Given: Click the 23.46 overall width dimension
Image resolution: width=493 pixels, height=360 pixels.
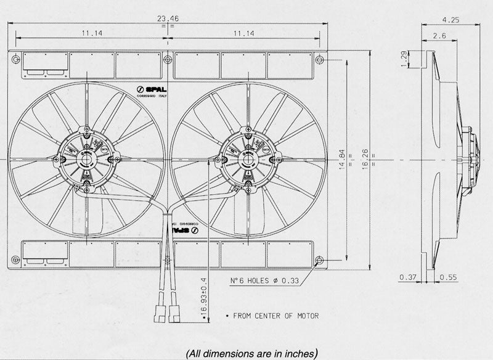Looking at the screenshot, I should [166, 18].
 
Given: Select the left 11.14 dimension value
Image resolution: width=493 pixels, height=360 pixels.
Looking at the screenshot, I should [91, 33].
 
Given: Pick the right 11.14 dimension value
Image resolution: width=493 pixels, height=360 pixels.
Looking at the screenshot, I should [245, 33].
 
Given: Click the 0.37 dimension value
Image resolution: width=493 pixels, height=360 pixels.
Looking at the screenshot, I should [407, 277].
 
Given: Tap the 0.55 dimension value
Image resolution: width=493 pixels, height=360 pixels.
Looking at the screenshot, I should [449, 277].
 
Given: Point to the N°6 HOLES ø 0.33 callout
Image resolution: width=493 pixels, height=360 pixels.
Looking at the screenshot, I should [265, 281].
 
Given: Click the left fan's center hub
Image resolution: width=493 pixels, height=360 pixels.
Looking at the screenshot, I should [86, 160].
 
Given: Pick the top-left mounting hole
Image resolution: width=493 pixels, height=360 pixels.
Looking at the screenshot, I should [15, 59].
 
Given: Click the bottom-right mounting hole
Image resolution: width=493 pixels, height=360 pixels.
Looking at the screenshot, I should [318, 260].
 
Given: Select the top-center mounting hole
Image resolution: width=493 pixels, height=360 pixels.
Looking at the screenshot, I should [167, 59].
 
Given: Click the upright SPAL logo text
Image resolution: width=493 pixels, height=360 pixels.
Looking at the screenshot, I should [152, 90].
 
